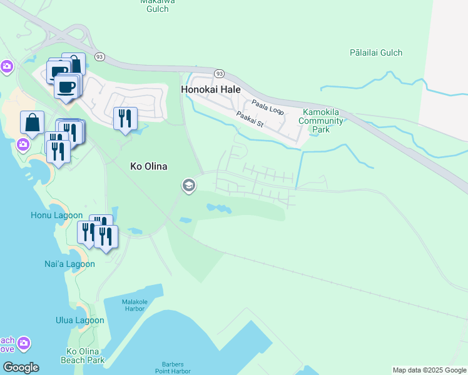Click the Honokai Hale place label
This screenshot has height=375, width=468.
pos(211,89)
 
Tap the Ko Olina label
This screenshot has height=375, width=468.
pos(148,166)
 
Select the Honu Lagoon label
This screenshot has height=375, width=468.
pos(56,215)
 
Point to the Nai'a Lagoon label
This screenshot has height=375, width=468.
pos(72,264)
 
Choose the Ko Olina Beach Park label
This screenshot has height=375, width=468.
pos(83,356)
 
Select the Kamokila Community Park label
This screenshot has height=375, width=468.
pos(320,121)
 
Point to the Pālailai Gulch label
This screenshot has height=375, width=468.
pos(376,53)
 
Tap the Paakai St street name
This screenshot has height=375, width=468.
pos(250,120)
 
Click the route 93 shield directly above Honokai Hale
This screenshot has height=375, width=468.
pos(218,73)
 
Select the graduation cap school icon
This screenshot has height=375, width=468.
pos(188,185)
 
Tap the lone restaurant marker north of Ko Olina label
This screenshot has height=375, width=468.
pos(125,117)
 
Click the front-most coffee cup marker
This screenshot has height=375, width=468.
pos(67,86)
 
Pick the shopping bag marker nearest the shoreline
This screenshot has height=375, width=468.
pos(32,122)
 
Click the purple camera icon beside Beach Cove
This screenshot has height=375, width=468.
pos(24,343)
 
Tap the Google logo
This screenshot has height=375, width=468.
pos(20,367)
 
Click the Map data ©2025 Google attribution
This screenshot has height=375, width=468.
pos(429,370)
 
